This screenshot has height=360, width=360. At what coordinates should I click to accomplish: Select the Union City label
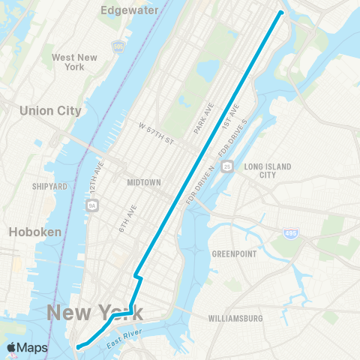tap(50, 110)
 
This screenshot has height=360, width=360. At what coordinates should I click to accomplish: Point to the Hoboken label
tap(34, 232)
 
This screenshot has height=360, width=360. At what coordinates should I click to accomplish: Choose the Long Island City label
tap(267, 170)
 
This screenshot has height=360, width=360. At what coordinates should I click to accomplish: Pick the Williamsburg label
tap(237, 318)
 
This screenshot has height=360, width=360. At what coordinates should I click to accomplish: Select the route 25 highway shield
tap(227, 165)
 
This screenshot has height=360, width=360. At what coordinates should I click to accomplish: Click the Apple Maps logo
tap(27, 348)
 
